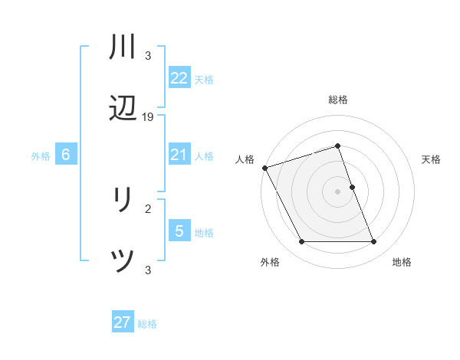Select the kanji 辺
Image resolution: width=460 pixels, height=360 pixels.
tap(123, 110)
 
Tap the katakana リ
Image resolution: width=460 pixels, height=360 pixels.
tap(123, 201)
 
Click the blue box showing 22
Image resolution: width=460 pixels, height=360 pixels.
tap(179, 77)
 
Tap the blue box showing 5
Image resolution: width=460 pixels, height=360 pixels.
tap(179, 231)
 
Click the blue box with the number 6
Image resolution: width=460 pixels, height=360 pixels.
tap(66, 155)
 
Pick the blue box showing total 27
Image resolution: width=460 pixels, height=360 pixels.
tap(123, 322)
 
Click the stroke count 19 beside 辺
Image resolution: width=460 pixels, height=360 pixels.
tap(148, 117)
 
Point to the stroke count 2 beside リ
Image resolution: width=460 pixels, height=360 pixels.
tap(148, 208)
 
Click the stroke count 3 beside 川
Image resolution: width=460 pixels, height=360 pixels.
tap(148, 55)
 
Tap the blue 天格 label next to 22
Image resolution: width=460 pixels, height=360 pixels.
tap(204, 79)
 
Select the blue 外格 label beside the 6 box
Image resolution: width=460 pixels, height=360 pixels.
tap(41, 155)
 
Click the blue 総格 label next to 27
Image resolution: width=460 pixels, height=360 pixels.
tap(147, 323)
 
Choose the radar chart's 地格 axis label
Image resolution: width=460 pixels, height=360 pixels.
tap(402, 262)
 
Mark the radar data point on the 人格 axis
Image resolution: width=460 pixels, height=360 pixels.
tap(265, 168)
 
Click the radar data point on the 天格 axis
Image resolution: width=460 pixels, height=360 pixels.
tap(352, 187)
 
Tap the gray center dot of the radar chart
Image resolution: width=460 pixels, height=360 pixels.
tap(337, 191)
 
